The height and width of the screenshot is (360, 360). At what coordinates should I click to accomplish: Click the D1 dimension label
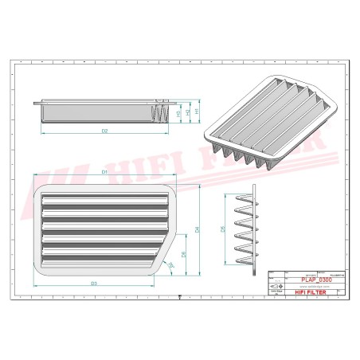coord(104,172)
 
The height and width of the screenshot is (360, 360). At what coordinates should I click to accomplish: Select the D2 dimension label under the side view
coord(104,129)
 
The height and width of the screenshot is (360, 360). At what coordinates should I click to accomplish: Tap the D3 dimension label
coord(93,284)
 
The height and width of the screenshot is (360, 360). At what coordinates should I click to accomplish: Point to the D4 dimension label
coord(197,230)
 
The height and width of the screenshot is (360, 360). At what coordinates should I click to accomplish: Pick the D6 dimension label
coord(183,255)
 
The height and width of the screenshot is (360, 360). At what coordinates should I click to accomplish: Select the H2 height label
coord(188,112)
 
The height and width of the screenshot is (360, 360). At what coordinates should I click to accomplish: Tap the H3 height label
coord(178,112)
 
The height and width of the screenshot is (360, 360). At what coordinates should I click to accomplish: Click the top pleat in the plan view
coord(104,197)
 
